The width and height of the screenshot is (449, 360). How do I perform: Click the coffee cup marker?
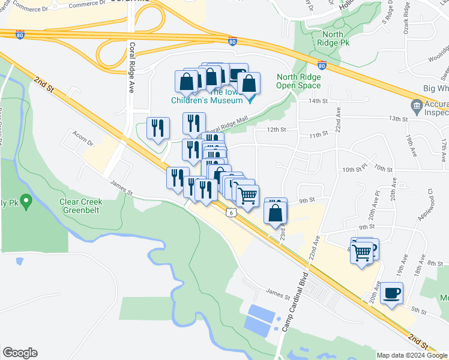point(391,293)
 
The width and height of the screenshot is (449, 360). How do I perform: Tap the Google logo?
point(19,353)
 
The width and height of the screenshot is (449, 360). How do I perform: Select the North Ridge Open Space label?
point(298,81)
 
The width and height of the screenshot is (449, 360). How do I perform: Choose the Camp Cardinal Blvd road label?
point(295,302)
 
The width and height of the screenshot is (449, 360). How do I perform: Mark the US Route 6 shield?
point(230,212)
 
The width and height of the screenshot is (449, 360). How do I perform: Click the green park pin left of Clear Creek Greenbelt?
point(25,200)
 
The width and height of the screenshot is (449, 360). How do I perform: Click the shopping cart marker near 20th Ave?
point(361,251)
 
